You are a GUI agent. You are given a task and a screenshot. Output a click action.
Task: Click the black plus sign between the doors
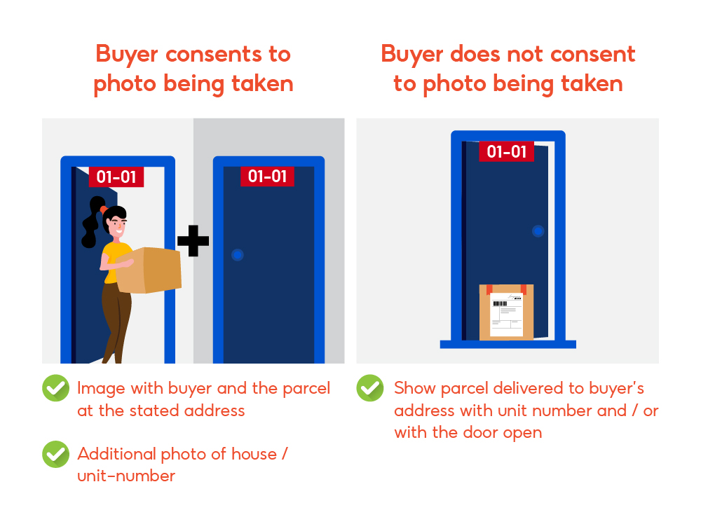tap(193, 241)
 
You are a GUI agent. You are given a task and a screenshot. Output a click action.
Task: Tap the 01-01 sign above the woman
tap(116, 177)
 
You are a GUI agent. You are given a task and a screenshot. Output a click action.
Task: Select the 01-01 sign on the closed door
tap(268, 176)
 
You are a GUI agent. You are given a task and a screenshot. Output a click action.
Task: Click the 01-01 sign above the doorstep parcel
tap(506, 151)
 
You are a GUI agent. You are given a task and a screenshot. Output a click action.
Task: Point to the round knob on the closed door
tap(238, 255)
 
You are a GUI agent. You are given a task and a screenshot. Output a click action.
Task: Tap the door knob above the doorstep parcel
tap(538, 230)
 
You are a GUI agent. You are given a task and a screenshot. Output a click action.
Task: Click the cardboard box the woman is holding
tap(149, 270)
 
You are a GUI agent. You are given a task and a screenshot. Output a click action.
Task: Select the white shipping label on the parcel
tap(506, 315)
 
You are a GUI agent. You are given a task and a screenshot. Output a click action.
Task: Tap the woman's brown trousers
tap(116, 315)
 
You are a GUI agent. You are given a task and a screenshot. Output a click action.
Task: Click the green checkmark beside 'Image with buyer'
tap(55, 387)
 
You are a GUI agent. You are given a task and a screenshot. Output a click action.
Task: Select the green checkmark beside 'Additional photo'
tap(55, 454)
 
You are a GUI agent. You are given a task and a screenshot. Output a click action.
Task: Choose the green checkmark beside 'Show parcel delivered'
tap(369, 387)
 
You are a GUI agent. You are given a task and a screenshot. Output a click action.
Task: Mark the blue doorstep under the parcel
tap(508, 344)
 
